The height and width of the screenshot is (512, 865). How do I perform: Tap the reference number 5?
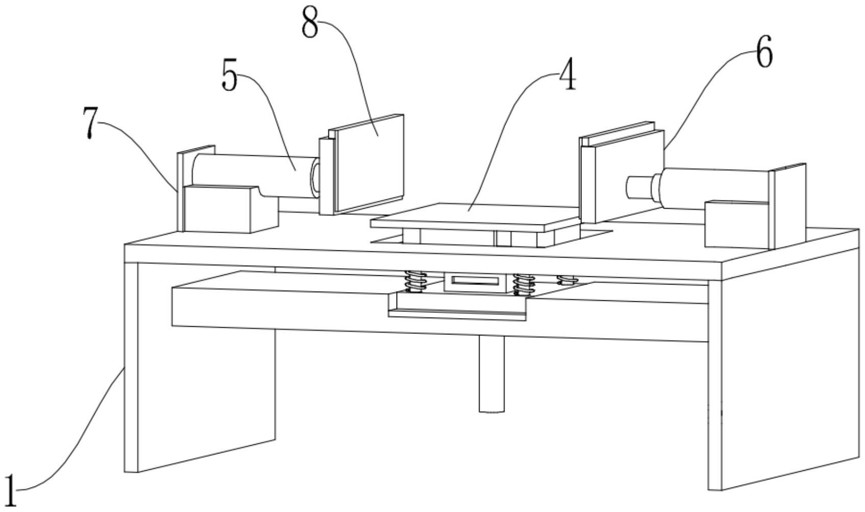(230, 76)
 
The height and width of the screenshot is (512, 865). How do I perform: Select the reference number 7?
(90, 124)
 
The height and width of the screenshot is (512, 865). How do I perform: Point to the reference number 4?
(567, 75)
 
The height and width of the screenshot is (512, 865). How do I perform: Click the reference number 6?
(764, 52)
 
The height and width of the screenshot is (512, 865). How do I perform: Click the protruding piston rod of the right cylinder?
(639, 187)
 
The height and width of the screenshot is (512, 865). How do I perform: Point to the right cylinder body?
(713, 186)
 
